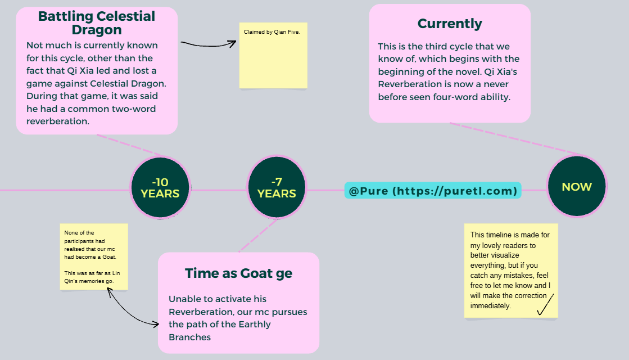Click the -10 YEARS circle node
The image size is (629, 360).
point(160,188)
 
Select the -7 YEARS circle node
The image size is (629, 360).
point(277,188)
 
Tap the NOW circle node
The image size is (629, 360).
point(577,187)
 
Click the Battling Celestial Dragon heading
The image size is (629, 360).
point(97,22)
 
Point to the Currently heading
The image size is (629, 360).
point(450,24)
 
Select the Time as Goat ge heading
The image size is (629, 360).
point(238,273)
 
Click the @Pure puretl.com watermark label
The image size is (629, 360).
point(433,191)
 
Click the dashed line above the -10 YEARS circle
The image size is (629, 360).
point(133,145)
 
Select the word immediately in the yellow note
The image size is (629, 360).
point(491,306)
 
